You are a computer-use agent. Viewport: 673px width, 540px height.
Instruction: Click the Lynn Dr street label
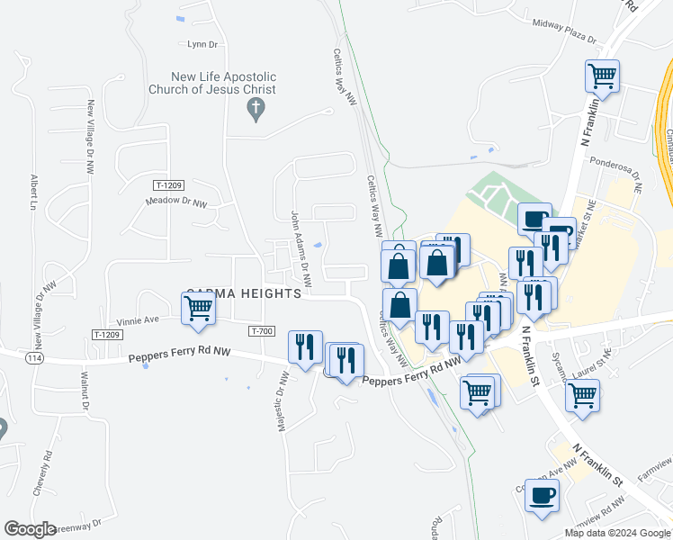tap(202, 44)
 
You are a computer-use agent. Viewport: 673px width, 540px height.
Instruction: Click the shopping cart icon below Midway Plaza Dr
tap(602, 76)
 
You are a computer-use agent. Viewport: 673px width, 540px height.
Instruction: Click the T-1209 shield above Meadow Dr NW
tap(168, 185)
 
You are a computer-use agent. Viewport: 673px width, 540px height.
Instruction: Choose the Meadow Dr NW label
tap(176, 202)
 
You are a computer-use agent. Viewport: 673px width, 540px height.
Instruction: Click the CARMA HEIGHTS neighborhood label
tap(245, 295)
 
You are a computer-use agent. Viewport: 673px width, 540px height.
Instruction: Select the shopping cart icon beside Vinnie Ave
tap(198, 310)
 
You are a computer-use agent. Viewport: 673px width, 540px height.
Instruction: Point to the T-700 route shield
tap(261, 331)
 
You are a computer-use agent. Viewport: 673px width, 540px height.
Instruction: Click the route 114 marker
tap(34, 358)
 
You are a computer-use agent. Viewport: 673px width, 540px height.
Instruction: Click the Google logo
tap(30, 528)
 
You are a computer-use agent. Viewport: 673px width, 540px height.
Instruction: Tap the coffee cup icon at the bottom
tap(542, 496)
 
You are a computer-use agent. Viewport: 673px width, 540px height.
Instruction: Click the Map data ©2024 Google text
tap(617, 533)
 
